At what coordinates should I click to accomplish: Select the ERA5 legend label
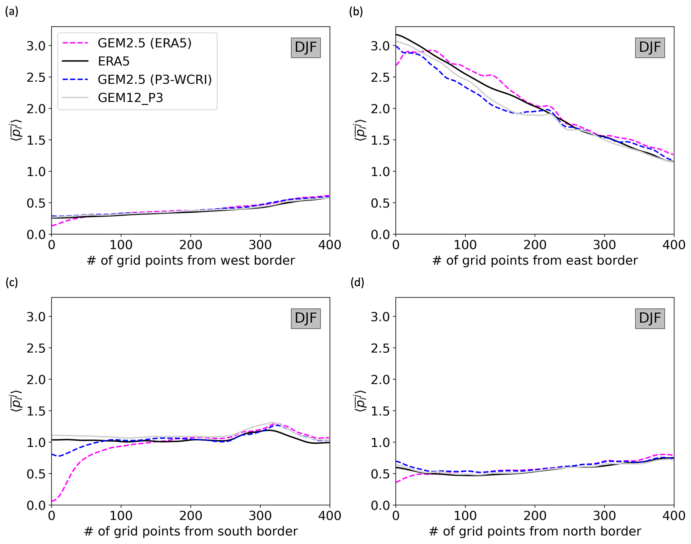point(114,61)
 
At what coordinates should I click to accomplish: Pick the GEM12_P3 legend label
point(130,98)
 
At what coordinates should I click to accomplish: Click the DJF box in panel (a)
point(306,48)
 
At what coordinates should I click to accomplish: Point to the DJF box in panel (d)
point(650,318)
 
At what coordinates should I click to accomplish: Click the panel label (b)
point(356,12)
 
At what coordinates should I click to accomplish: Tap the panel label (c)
point(12,282)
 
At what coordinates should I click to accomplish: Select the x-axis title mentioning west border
point(191,260)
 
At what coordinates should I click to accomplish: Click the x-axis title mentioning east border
point(535,260)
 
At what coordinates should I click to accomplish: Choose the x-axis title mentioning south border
point(191,531)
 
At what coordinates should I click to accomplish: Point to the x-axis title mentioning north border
point(535,531)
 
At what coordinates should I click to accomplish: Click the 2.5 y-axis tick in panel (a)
point(36,77)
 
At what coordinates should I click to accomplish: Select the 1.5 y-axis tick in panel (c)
point(36,411)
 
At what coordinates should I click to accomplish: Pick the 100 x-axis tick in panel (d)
point(465,516)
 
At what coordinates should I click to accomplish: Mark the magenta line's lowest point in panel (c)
point(52,501)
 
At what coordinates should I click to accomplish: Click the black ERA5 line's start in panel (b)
point(396,34)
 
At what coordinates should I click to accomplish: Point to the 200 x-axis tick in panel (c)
point(191,516)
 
